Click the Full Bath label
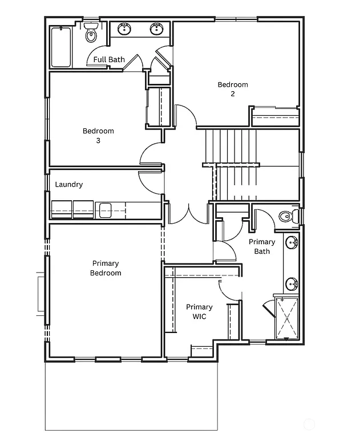[x=109, y=59]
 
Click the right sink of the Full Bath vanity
[x=157, y=28]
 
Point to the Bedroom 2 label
[x=233, y=89]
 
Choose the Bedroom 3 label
[x=98, y=135]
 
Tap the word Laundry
[x=68, y=184]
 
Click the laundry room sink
[x=104, y=209]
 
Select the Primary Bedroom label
[x=106, y=268]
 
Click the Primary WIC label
[x=199, y=311]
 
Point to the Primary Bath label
[x=262, y=246]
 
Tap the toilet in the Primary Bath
[x=288, y=217]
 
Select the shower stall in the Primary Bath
[x=286, y=318]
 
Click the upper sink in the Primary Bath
[x=293, y=243]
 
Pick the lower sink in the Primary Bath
[x=293, y=282]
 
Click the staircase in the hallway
[x=234, y=157]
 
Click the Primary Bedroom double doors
[x=188, y=212]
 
